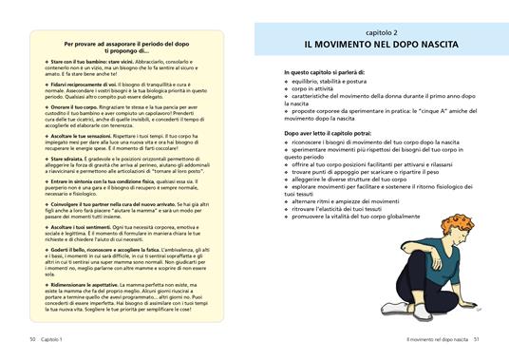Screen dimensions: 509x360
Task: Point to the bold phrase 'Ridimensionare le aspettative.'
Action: [x=88, y=285]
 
